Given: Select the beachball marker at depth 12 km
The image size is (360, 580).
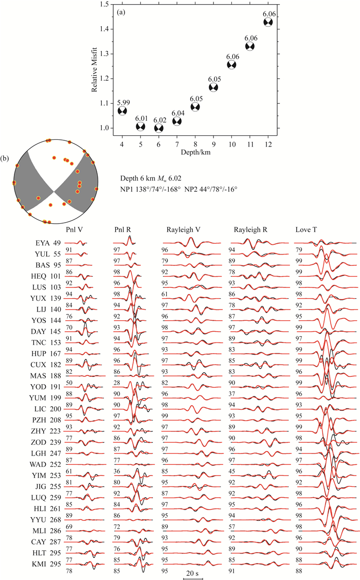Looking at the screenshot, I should [x=268, y=22].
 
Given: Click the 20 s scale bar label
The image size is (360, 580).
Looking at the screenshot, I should [x=193, y=569].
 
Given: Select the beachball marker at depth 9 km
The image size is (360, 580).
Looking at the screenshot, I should [x=213, y=87].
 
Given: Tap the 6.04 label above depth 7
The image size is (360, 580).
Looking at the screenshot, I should [x=177, y=114].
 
